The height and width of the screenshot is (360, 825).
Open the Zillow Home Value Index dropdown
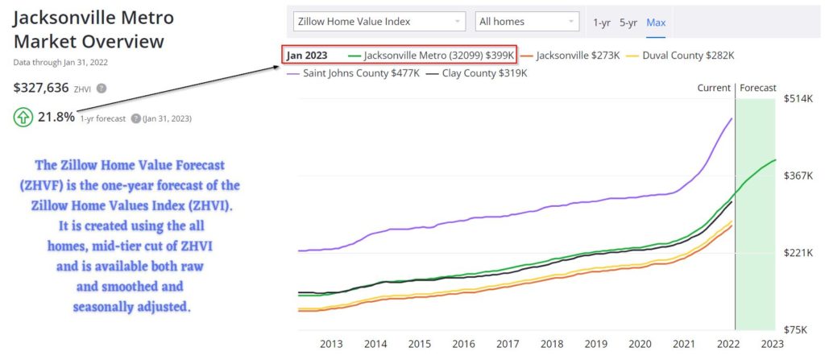379,22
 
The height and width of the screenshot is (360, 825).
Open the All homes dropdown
527,22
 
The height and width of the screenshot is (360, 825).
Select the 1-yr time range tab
601,23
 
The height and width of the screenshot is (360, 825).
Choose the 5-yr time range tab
628,23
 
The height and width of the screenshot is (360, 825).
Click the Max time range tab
656,23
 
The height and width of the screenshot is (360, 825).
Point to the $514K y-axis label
798,99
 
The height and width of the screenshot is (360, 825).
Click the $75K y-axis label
798,329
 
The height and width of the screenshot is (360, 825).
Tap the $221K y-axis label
798,253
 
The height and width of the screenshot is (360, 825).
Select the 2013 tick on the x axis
331,344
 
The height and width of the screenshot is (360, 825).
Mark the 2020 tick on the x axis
640,344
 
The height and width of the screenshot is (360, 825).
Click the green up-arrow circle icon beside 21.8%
23,118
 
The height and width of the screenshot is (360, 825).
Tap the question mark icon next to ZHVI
102,89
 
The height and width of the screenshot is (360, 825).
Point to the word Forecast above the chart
758,88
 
